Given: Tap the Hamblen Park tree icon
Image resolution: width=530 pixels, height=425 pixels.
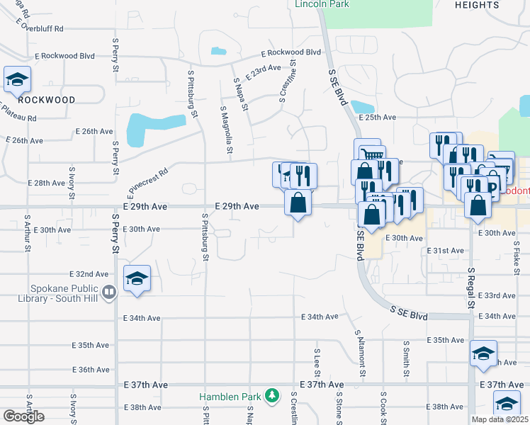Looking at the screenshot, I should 271,395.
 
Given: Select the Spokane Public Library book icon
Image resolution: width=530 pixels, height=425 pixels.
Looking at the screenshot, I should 108,291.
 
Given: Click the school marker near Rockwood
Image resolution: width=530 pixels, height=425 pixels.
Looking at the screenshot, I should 16,79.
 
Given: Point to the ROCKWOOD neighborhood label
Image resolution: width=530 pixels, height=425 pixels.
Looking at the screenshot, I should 47,100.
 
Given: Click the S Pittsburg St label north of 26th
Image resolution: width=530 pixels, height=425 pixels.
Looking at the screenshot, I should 191,93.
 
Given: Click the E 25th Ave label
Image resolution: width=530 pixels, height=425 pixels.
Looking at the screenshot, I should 377,118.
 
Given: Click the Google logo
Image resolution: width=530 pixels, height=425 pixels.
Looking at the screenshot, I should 23,416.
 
